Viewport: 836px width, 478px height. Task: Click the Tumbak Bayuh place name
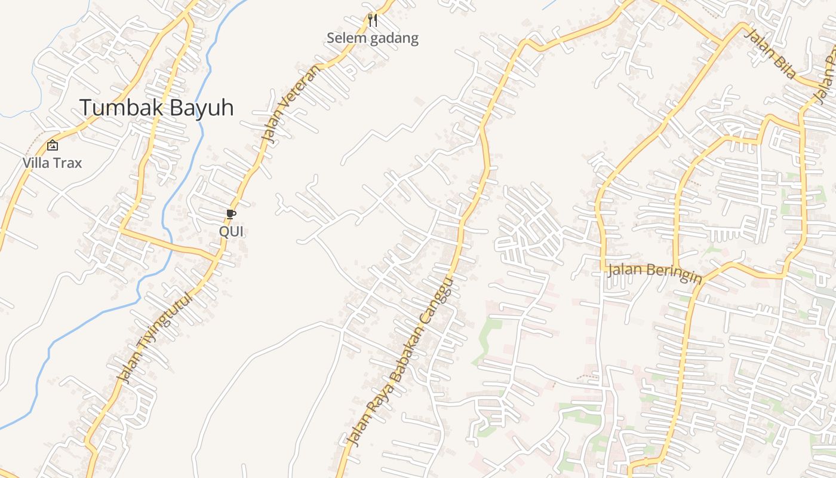pyautogui.click(x=156, y=108)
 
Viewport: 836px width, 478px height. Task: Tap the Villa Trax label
pyautogui.click(x=52, y=163)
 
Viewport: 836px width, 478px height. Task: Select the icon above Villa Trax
pyautogui.click(x=53, y=145)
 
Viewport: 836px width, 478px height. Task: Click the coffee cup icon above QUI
pyautogui.click(x=231, y=214)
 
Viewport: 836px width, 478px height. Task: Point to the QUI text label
pyautogui.click(x=231, y=231)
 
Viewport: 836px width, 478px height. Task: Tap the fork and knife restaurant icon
pyautogui.click(x=373, y=20)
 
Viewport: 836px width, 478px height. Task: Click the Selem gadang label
pyautogui.click(x=373, y=39)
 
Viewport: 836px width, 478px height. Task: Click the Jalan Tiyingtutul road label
pyautogui.click(x=156, y=338)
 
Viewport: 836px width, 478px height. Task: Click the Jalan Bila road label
pyautogui.click(x=771, y=53)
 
